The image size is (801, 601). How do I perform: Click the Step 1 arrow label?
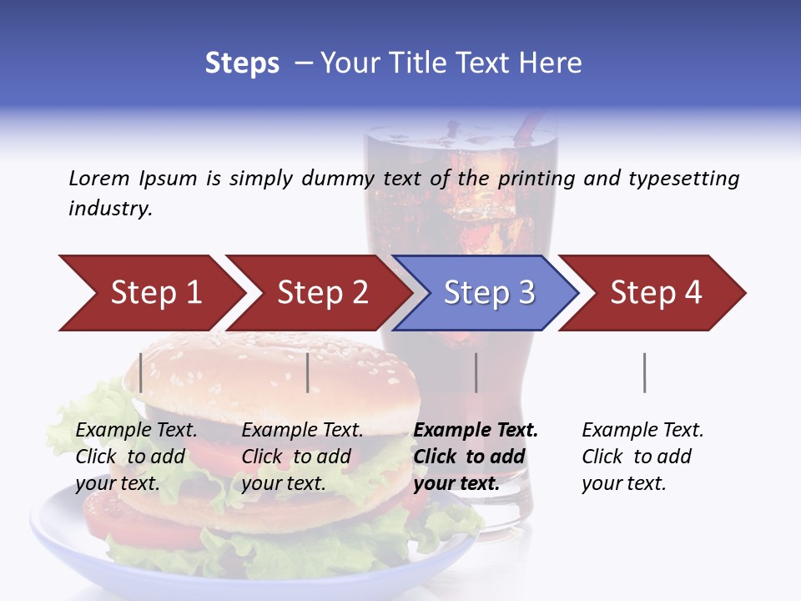pos(156,292)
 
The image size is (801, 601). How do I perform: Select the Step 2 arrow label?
pos(322,292)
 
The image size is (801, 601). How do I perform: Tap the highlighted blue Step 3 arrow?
pos(489,292)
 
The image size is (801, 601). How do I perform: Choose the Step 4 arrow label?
pos(656,292)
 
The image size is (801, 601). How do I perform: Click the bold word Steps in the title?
pos(242,63)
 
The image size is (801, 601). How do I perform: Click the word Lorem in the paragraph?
pos(98,179)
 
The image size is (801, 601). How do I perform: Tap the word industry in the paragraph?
pos(109,209)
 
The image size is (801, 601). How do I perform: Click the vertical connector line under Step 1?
pos(141,372)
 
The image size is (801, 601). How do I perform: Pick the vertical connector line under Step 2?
pos(308,372)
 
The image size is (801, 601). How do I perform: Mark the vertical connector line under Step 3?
pos(476,372)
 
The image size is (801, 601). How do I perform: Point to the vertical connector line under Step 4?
pos(644,372)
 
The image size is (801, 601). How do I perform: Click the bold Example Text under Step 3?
pos(476,431)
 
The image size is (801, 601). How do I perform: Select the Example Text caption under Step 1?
pos(136,431)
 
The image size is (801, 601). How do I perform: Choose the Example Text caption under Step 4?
pos(642,431)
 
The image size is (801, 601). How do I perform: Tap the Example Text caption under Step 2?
pos(302,431)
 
